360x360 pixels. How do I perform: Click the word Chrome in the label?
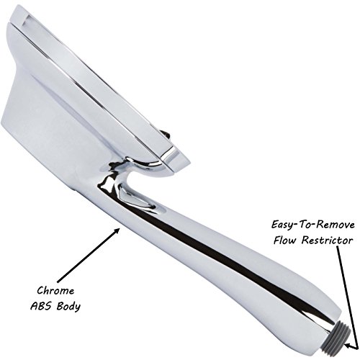coord(55,291)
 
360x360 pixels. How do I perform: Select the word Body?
coord(69,307)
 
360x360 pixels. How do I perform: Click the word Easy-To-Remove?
coord(313,225)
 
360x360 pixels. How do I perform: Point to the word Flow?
coord(286,240)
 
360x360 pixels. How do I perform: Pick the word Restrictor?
coord(328,240)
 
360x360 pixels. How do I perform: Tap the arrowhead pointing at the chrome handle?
coord(117,231)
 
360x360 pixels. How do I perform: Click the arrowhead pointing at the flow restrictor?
coord(349,346)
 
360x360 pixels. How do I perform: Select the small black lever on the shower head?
coord(165,135)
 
